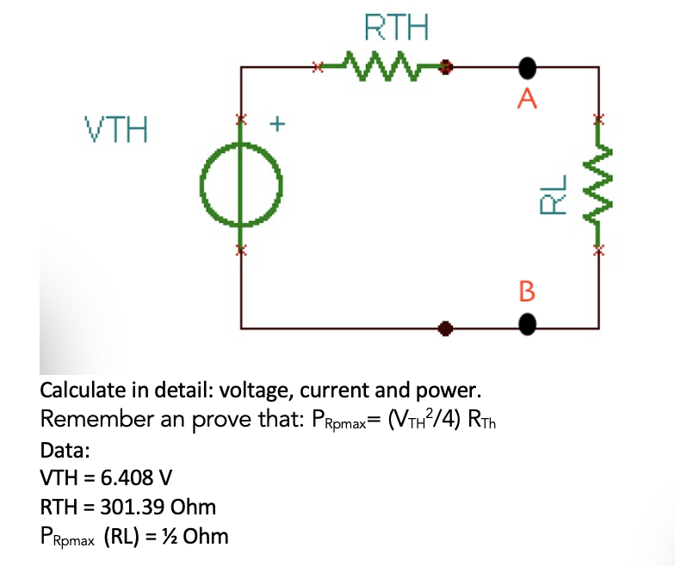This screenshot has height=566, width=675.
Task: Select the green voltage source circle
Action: (241, 183)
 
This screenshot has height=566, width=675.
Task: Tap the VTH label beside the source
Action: (116, 132)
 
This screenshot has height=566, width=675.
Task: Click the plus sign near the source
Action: (277, 124)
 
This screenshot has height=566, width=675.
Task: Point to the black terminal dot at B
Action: (527, 324)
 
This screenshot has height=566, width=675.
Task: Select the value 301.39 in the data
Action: (127, 507)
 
